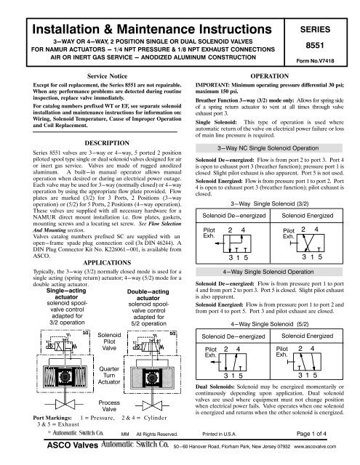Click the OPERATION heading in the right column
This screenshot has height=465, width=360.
[271, 75]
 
